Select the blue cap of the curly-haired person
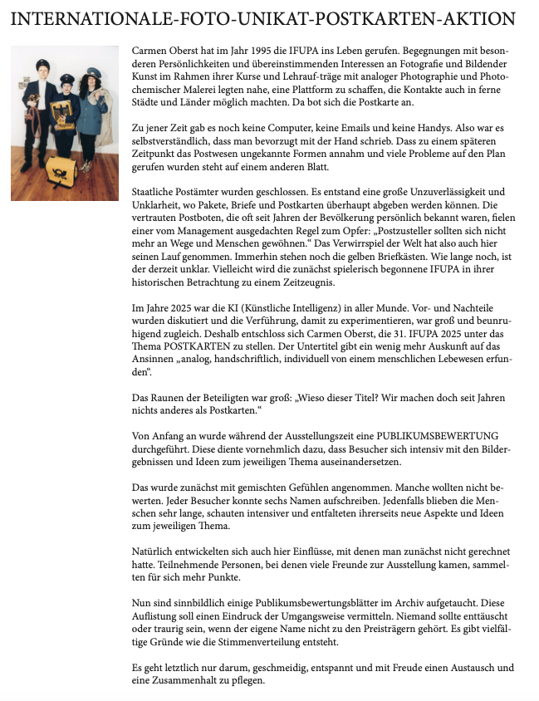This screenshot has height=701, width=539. [91, 74]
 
